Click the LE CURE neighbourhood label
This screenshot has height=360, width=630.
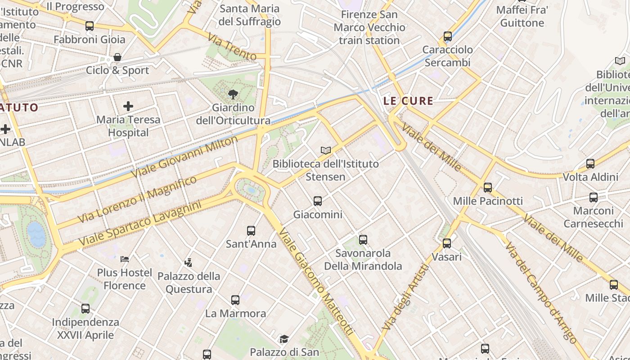(x=408, y=101)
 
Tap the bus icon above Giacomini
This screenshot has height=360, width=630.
(x=318, y=201)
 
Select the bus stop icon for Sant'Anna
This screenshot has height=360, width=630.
(x=251, y=231)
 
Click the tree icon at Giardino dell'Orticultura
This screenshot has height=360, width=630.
(x=233, y=94)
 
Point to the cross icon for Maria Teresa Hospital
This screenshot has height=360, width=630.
(x=128, y=106)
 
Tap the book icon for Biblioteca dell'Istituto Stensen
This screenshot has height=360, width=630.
(x=326, y=150)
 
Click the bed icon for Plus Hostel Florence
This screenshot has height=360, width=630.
(x=125, y=259)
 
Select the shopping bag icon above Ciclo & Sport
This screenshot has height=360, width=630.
(x=117, y=57)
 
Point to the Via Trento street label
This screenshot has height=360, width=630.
(x=233, y=49)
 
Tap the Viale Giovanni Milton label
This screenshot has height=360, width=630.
(x=184, y=156)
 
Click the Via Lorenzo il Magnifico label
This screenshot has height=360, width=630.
(x=137, y=199)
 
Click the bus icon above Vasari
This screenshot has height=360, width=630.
(x=447, y=243)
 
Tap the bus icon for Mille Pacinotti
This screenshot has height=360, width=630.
(x=488, y=188)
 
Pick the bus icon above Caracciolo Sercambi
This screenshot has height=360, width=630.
(x=447, y=36)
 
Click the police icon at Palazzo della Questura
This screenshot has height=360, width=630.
(x=189, y=262)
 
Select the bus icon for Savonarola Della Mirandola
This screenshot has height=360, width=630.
(x=363, y=240)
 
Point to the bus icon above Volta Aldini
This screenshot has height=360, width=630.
(x=590, y=164)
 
